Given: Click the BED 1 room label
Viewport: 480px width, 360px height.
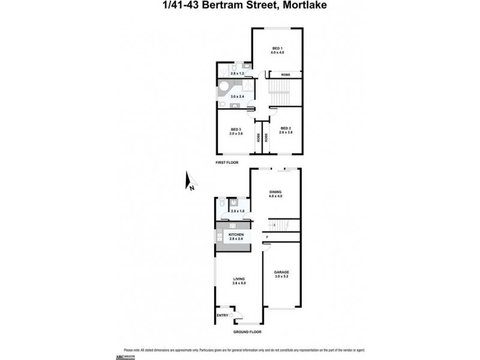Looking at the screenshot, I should pyautogui.click(x=277, y=48).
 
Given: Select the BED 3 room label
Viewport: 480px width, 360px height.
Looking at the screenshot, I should pyautogui.click(x=236, y=130).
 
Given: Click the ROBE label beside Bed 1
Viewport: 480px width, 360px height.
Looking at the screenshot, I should pyautogui.click(x=285, y=74).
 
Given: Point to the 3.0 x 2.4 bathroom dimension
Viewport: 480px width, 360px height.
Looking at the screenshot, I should pyautogui.click(x=238, y=96).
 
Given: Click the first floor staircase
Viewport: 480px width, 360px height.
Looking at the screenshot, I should pyautogui.click(x=279, y=93).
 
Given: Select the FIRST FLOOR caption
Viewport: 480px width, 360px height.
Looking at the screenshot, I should pyautogui.click(x=229, y=163).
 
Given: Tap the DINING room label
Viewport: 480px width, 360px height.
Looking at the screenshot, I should pyautogui.click(x=275, y=192).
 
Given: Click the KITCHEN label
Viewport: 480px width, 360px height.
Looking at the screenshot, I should pyautogui.click(x=236, y=235).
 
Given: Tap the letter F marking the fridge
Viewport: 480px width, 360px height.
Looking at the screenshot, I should pyautogui.click(x=266, y=236).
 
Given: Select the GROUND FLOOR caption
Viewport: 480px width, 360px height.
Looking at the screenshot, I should pyautogui.click(x=247, y=332).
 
